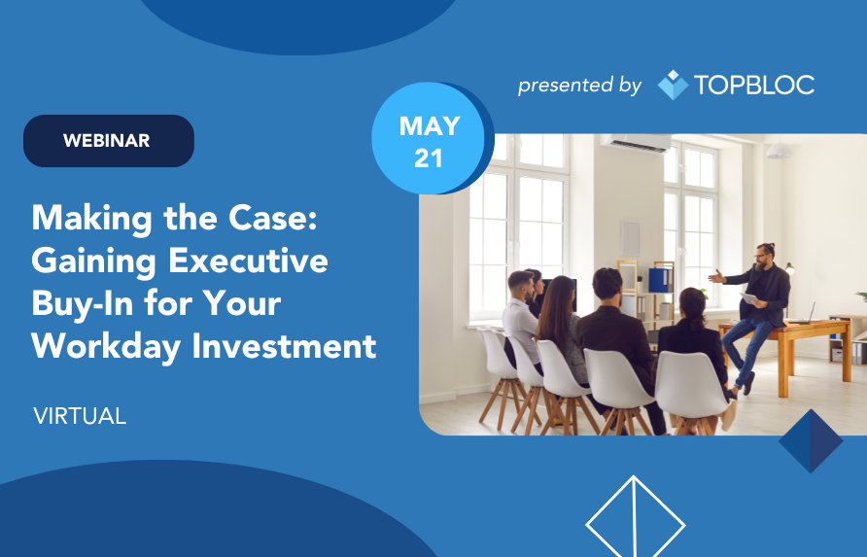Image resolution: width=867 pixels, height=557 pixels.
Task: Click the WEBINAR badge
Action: (x=109, y=141)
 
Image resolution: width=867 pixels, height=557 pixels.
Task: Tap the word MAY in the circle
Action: (x=430, y=126)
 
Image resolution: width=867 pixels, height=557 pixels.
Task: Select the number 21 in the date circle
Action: (x=429, y=158)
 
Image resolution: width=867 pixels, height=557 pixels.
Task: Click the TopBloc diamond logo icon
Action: (x=673, y=85)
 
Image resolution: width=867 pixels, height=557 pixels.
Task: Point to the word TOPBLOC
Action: (x=754, y=85)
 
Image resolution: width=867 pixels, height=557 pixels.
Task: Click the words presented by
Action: (x=579, y=86)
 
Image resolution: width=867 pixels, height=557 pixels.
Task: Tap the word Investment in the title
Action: (x=284, y=346)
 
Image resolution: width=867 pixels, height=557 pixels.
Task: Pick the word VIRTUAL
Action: (x=80, y=416)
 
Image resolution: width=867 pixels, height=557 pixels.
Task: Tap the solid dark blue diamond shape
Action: (x=811, y=441)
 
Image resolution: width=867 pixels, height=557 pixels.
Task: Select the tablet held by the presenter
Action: (x=749, y=298)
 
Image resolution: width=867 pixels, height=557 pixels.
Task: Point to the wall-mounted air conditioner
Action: (x=636, y=143)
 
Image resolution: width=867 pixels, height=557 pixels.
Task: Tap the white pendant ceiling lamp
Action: (x=780, y=150)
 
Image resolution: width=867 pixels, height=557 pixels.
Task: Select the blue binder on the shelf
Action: (x=659, y=280)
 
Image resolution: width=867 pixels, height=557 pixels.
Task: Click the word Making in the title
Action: (x=91, y=220)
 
